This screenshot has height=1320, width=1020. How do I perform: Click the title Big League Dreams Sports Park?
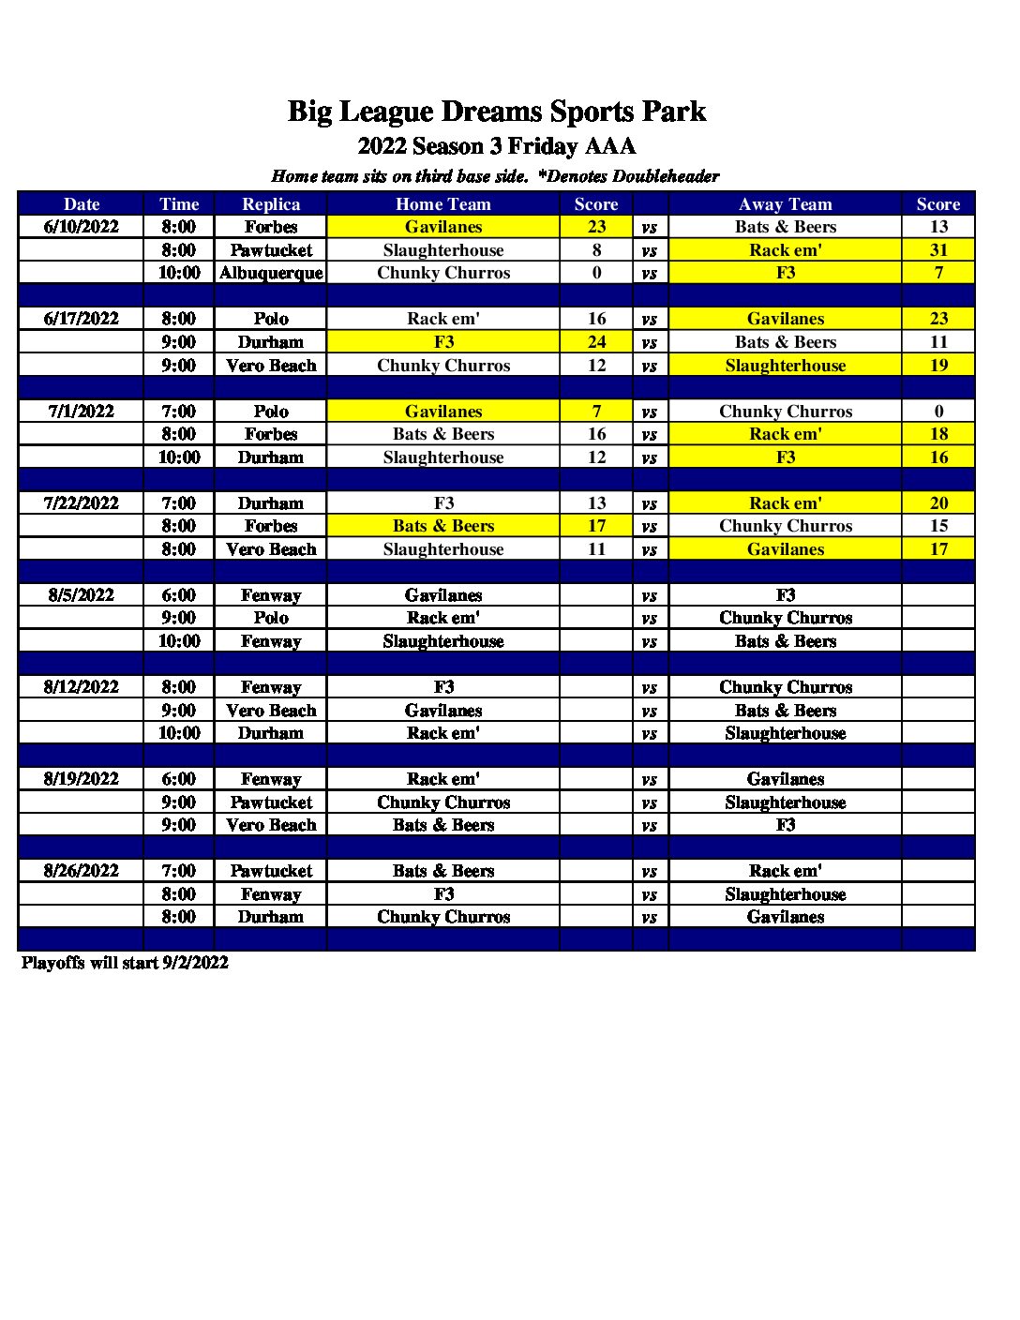[496, 112]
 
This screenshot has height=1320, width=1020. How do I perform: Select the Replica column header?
[271, 204]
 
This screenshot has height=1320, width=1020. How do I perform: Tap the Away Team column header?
[785, 204]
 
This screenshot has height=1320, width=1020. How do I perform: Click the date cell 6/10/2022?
[82, 227]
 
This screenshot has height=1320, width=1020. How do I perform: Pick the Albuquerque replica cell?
[271, 273]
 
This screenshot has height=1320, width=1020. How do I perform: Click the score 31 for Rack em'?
[938, 250]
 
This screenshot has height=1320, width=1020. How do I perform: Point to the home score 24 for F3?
[596, 342]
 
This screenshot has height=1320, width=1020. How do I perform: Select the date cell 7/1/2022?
[82, 412]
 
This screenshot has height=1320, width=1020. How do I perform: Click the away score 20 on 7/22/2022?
[938, 503]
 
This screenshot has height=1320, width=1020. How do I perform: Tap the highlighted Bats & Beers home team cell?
[443, 526]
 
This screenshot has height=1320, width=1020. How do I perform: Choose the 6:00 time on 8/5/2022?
[178, 595]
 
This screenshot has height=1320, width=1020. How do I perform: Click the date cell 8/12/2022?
[82, 687]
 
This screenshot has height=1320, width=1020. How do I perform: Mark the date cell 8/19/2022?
[82, 779]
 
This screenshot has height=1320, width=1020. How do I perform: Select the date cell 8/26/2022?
[82, 871]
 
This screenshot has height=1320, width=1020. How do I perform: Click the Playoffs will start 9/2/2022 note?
[125, 963]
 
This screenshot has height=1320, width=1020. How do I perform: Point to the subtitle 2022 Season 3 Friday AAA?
[496, 146]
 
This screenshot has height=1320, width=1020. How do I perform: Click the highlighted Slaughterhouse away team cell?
[785, 366]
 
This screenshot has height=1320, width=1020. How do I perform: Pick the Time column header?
[178, 204]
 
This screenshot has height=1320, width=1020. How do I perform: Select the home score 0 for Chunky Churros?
[596, 273]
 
